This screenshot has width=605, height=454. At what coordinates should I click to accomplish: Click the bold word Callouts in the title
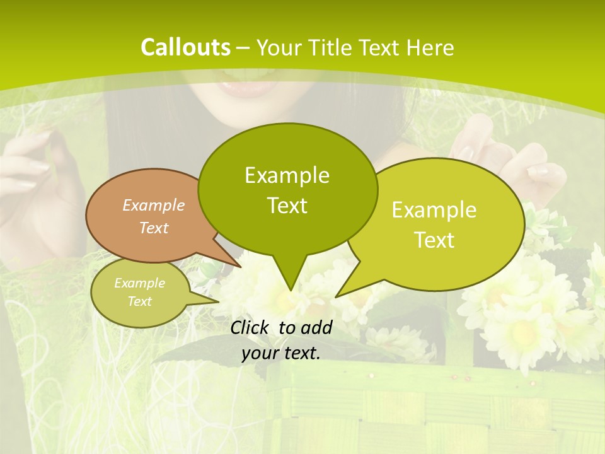186,47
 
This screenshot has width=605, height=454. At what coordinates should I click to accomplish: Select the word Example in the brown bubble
154,205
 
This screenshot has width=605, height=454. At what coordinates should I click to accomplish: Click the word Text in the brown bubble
154,228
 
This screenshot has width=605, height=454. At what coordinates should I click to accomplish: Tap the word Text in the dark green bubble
287,205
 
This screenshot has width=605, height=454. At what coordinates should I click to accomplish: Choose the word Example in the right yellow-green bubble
434,210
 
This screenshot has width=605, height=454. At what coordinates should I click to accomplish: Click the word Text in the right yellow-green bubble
434,240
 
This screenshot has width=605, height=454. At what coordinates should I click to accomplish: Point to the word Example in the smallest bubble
139,283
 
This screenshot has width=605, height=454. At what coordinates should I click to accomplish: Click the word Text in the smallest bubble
139,301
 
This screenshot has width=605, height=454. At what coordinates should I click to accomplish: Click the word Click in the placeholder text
251,327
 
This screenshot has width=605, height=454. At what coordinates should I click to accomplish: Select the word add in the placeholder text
316,327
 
